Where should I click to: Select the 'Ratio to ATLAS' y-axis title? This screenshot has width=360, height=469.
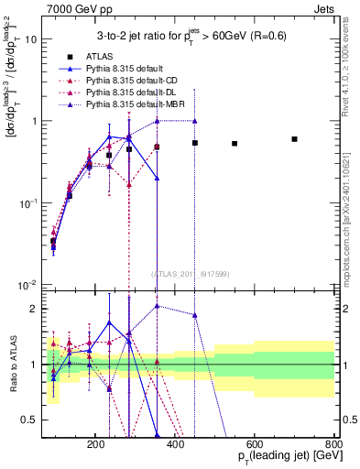click(x=12, y=364)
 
